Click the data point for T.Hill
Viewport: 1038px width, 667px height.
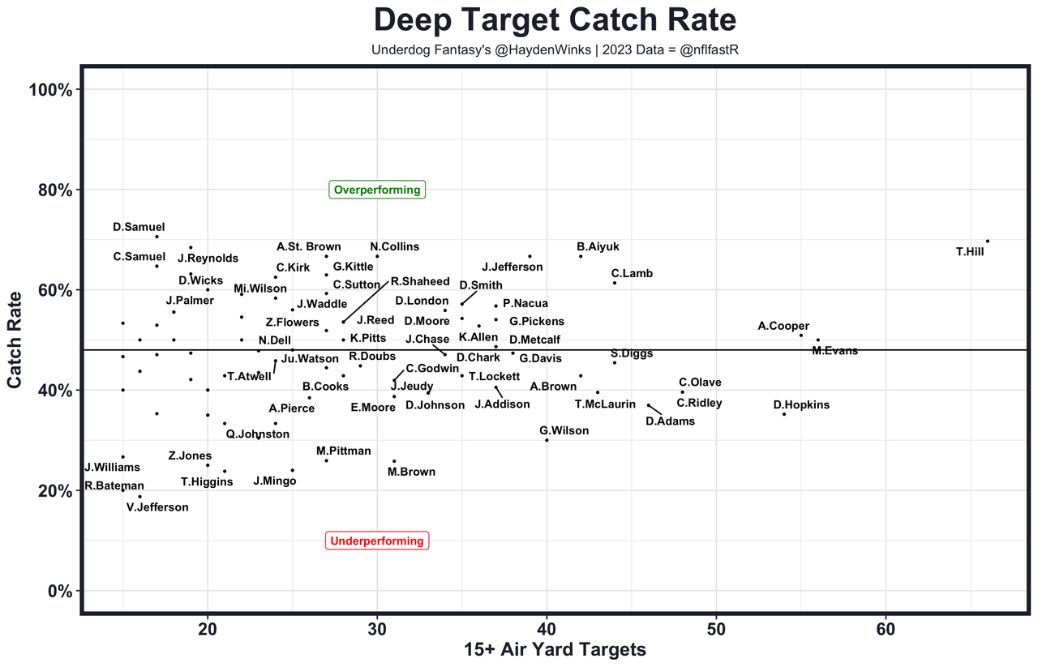[x=987, y=241]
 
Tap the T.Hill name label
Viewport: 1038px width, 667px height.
[x=970, y=252]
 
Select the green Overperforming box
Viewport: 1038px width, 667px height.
[x=377, y=190]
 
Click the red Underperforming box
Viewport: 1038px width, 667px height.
[x=377, y=541]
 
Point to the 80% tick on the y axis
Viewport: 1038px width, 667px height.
[x=56, y=190]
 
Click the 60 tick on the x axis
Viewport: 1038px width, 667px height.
[x=886, y=629]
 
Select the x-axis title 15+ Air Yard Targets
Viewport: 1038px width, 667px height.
[x=555, y=650]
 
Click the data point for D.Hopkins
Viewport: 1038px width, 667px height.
[x=784, y=414]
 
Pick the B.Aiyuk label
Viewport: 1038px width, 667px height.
[x=598, y=246]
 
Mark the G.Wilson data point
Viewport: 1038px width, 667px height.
[x=547, y=440]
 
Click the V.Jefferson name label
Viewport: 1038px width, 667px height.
[x=157, y=507]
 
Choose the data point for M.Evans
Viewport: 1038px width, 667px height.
[x=817, y=340]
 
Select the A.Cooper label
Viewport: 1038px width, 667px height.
[x=783, y=326]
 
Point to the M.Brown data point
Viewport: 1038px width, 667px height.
[x=394, y=461]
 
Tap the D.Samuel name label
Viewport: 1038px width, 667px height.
[x=139, y=228]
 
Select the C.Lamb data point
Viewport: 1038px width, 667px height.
[x=615, y=283]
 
